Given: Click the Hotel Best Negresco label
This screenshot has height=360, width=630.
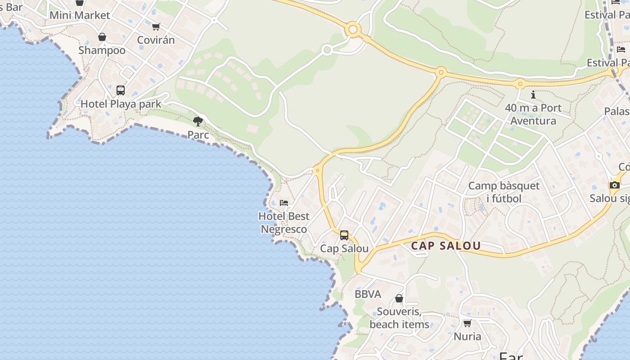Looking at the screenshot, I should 284,223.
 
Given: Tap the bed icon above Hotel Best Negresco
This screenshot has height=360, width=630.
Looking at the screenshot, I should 284,202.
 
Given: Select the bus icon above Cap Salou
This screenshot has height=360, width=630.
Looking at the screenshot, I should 344,235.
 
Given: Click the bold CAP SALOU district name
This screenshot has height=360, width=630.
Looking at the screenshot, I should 446,246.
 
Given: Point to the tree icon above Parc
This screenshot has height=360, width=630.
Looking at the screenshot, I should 198,121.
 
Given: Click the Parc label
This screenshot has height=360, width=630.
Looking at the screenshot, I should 198,135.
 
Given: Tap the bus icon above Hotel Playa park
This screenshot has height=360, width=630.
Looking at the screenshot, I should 121,90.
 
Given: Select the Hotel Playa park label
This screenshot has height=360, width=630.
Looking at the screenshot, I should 121,104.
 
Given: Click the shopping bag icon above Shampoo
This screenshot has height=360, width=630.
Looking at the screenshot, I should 102,37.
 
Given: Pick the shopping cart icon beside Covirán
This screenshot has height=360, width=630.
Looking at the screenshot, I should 156,27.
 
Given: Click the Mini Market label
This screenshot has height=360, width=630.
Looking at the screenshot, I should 80,15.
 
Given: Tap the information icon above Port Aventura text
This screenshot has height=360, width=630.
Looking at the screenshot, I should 533,94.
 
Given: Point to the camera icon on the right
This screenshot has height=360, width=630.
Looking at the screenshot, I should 614,185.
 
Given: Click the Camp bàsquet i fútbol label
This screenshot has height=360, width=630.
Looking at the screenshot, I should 504,192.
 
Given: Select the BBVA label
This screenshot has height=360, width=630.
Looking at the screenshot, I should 368,294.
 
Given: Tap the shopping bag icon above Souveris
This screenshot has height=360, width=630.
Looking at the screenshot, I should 399,298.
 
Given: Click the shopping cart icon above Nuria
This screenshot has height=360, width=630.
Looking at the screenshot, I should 468,323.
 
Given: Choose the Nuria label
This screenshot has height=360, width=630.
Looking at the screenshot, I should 468,336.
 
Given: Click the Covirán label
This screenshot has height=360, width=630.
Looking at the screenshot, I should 156,40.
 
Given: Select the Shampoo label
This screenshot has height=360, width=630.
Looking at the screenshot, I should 102,50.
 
